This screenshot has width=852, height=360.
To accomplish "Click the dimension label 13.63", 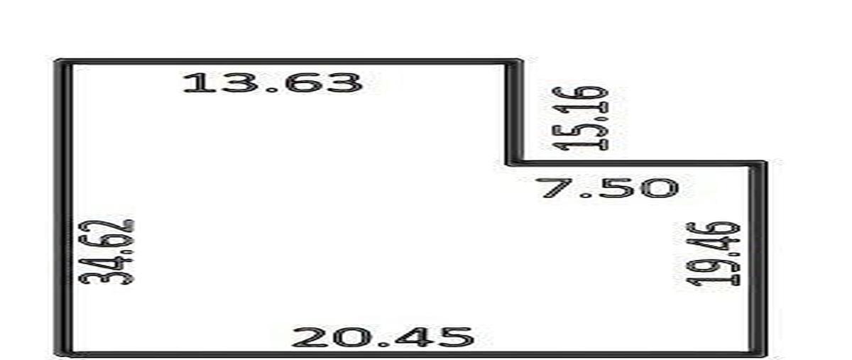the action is point(273,82).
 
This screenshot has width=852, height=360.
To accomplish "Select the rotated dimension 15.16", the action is point(581,118).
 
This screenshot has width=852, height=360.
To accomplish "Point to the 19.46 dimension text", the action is point(714,253).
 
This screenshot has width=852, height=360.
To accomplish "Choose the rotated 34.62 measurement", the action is point(106,252).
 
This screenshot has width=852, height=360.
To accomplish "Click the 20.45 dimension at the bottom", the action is point(383,337).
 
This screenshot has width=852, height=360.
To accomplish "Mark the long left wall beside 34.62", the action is point(63,207).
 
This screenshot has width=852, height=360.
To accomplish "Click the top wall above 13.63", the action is point(288,62).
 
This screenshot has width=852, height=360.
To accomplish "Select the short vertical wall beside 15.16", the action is point(514,113).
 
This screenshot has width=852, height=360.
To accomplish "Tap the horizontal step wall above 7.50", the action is point(636,163).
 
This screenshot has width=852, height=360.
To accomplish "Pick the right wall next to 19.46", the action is point(758,258).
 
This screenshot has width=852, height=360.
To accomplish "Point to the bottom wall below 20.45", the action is point(411,354).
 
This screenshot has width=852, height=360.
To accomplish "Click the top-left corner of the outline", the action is point(60,62).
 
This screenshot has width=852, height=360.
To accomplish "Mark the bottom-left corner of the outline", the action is point(61,354).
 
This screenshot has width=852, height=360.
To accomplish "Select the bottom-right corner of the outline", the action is point(760,354).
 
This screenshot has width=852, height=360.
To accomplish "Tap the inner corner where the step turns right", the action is point(513,163).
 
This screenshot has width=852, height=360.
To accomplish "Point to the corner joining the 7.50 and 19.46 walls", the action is point(759,163).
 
